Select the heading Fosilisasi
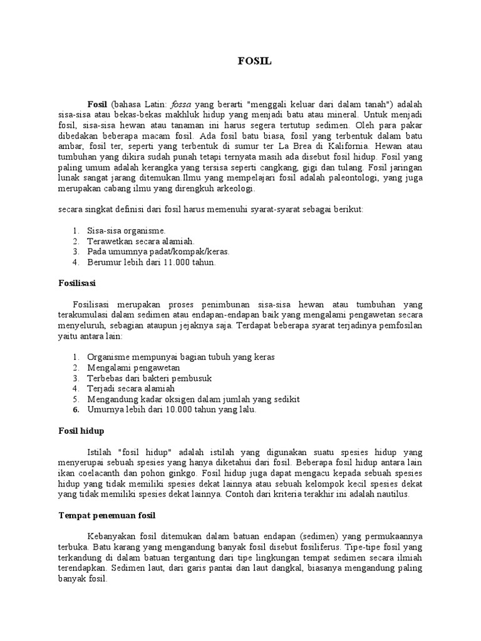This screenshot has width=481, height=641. tap(73, 284)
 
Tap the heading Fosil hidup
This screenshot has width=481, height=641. tap(78, 431)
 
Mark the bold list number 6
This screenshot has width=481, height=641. tap(75, 410)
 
